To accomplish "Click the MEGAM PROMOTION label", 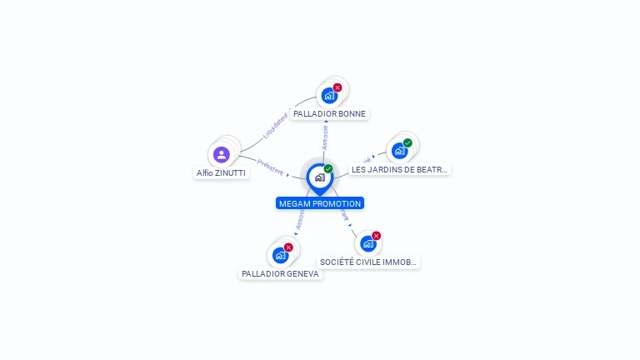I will [x=320, y=203].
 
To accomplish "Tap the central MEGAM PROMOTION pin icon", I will [x=319, y=177].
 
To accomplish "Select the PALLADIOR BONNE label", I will [x=329, y=113].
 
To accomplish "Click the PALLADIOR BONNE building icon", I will [x=329, y=96].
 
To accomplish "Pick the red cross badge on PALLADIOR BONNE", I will [x=337, y=87].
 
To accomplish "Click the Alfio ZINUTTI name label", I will [x=221, y=173].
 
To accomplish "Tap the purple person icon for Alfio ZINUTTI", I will [x=221, y=155].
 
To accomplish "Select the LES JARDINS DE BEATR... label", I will [x=399, y=169].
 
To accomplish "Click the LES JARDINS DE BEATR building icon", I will [x=399, y=151].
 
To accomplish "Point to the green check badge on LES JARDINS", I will [x=407, y=142].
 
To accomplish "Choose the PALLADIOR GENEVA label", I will [x=280, y=273].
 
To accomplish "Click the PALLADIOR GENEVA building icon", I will [x=280, y=255].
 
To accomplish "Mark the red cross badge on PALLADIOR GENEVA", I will [x=288, y=247].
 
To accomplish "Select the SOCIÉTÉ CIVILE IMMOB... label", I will [x=367, y=262].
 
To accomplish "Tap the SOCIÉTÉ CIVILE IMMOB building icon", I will [x=367, y=243].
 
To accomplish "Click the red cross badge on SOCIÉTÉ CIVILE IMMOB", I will [x=376, y=236].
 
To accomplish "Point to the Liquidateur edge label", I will [x=275, y=124].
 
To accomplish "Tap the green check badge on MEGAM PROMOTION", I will [x=328, y=169].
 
